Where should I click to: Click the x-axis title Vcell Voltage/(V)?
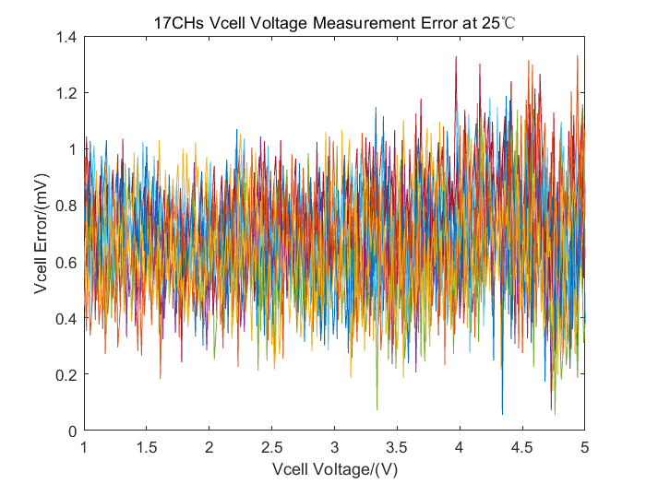pos(334,469)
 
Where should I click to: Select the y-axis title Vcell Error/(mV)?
pos(42,234)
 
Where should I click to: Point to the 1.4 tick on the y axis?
pos(66,37)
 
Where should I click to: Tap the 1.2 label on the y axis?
pos(66,93)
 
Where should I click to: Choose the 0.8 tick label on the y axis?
pos(66,206)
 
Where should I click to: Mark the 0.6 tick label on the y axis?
pos(66,262)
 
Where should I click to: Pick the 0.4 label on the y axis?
pos(66,318)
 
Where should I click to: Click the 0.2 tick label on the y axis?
pos(66,374)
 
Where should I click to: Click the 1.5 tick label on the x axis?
pos(147,446)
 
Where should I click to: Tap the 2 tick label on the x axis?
pos(209,446)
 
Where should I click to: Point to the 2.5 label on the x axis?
pos(271,446)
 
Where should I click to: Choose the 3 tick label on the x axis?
pos(334,446)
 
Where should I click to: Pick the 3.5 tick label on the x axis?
pos(397,446)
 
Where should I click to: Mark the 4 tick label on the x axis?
pos(460,446)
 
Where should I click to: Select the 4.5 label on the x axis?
pos(522,446)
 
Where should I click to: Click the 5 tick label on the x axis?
pos(584,446)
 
